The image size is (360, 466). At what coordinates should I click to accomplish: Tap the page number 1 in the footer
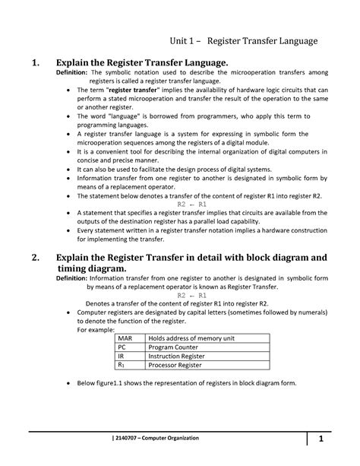321,439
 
